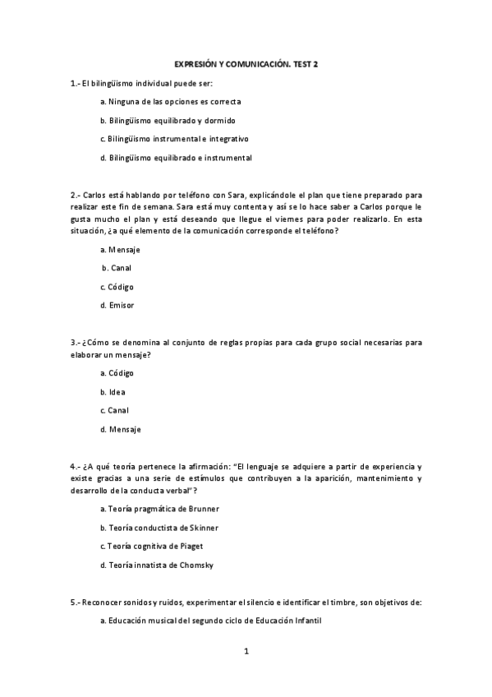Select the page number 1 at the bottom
pos(246,652)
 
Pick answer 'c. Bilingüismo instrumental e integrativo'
pos(174,139)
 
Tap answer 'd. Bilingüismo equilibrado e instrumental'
pos(176,158)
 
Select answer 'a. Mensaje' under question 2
pos(119,249)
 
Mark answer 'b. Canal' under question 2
pos(117,268)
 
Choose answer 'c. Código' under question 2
pos(117,287)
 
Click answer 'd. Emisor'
pos(117,306)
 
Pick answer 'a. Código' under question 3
pos(117,373)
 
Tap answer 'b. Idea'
pos(113,392)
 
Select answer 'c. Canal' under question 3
pos(115,410)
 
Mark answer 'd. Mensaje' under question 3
pos(120,429)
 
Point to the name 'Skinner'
pos(205,528)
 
